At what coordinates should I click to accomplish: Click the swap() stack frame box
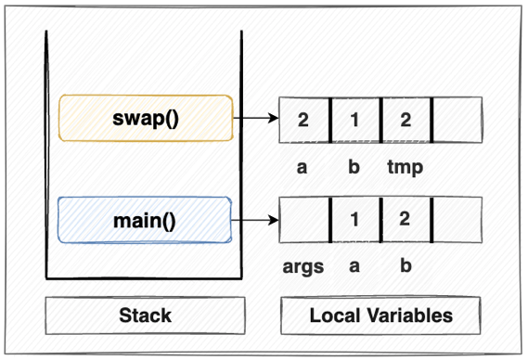point(146,118)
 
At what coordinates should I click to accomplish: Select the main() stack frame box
point(146,220)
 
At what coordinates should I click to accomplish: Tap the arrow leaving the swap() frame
point(255,118)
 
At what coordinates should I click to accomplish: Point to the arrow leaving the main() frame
point(255,220)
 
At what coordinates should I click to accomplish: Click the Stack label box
point(146,315)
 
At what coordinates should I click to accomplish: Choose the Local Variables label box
point(380,315)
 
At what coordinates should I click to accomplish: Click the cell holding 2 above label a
point(304,119)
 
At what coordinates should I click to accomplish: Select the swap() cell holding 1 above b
point(354,119)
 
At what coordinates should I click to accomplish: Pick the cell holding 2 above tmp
point(406,119)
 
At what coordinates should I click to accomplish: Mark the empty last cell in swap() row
point(457,119)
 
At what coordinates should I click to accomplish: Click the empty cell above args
point(304,221)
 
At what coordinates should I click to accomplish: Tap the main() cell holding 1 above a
point(354,221)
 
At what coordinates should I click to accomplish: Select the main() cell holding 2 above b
point(406,221)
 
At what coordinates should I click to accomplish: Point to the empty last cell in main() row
point(457,221)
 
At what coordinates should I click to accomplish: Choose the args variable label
point(303,267)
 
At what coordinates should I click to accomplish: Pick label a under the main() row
point(354,267)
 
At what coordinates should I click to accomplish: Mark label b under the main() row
point(406,267)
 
